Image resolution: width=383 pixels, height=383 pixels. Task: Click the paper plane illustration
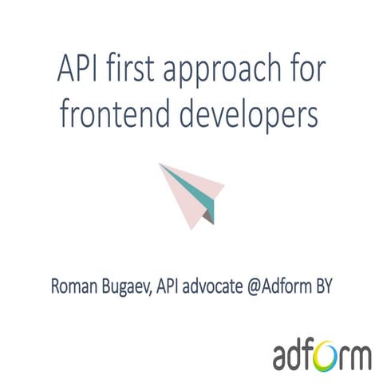click(x=191, y=191)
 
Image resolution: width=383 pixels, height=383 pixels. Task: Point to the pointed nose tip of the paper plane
click(x=160, y=165)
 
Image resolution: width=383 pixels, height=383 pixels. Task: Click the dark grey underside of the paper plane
click(x=208, y=213)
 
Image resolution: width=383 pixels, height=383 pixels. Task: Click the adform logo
click(x=322, y=353)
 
